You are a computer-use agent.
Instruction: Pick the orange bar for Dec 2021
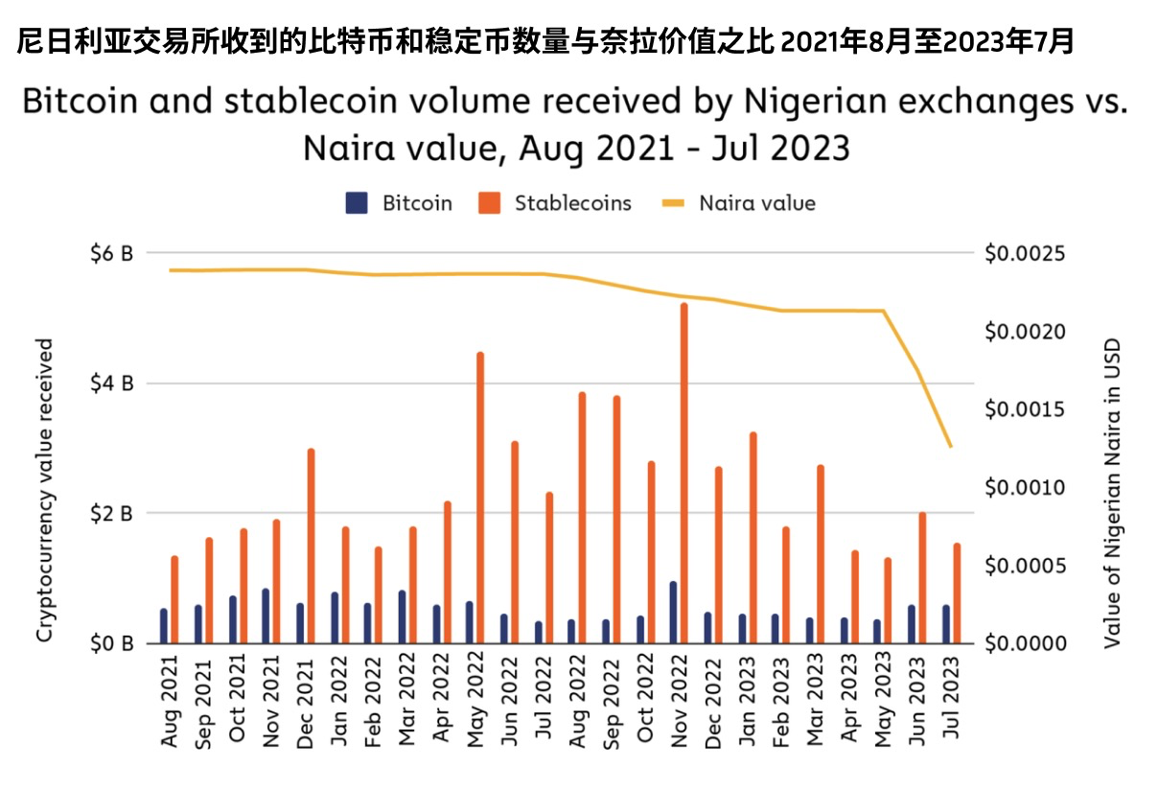point(311,546)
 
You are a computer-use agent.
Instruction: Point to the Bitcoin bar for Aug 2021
point(164,625)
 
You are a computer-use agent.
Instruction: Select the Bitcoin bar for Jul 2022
point(538,632)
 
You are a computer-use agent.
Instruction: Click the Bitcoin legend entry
point(399,203)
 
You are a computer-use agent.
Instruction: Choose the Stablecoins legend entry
point(556,203)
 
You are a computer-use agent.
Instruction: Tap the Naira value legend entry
point(738,203)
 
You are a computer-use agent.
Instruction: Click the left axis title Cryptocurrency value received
point(44,489)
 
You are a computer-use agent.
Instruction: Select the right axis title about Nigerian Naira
point(1112,493)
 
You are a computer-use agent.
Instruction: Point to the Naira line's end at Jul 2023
point(951,447)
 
